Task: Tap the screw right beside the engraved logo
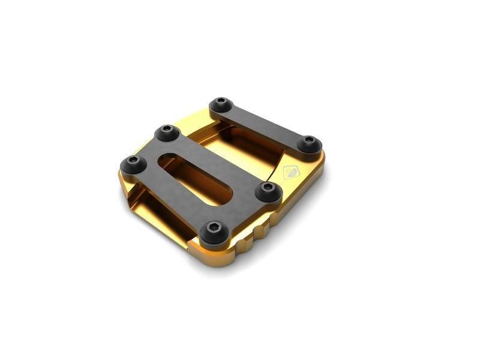point(309,143)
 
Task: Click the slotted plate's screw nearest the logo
point(268,190)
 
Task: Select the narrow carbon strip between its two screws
point(264,124)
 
